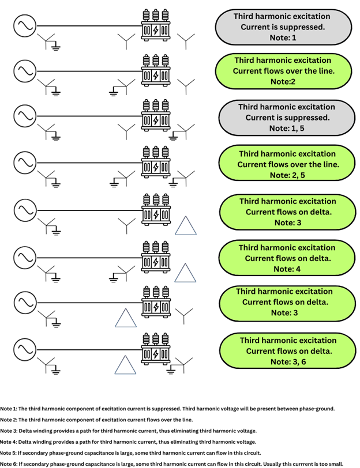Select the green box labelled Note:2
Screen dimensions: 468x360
click(282, 70)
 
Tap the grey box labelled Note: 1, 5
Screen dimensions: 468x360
click(286, 118)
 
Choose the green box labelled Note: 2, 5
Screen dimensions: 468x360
click(288, 164)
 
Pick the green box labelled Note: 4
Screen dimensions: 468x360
click(287, 258)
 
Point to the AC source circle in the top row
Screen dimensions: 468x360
click(24, 25)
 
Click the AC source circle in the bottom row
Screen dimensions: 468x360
click(24, 349)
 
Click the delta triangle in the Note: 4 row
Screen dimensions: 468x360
click(186, 272)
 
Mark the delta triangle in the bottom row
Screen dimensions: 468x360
click(125, 365)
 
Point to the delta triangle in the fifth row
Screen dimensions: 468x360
click(186, 226)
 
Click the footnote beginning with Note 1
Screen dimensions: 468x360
click(167, 409)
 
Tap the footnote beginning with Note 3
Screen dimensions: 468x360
click(128, 431)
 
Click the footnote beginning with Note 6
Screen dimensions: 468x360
click(179, 463)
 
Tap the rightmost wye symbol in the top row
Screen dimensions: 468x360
click(186, 39)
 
